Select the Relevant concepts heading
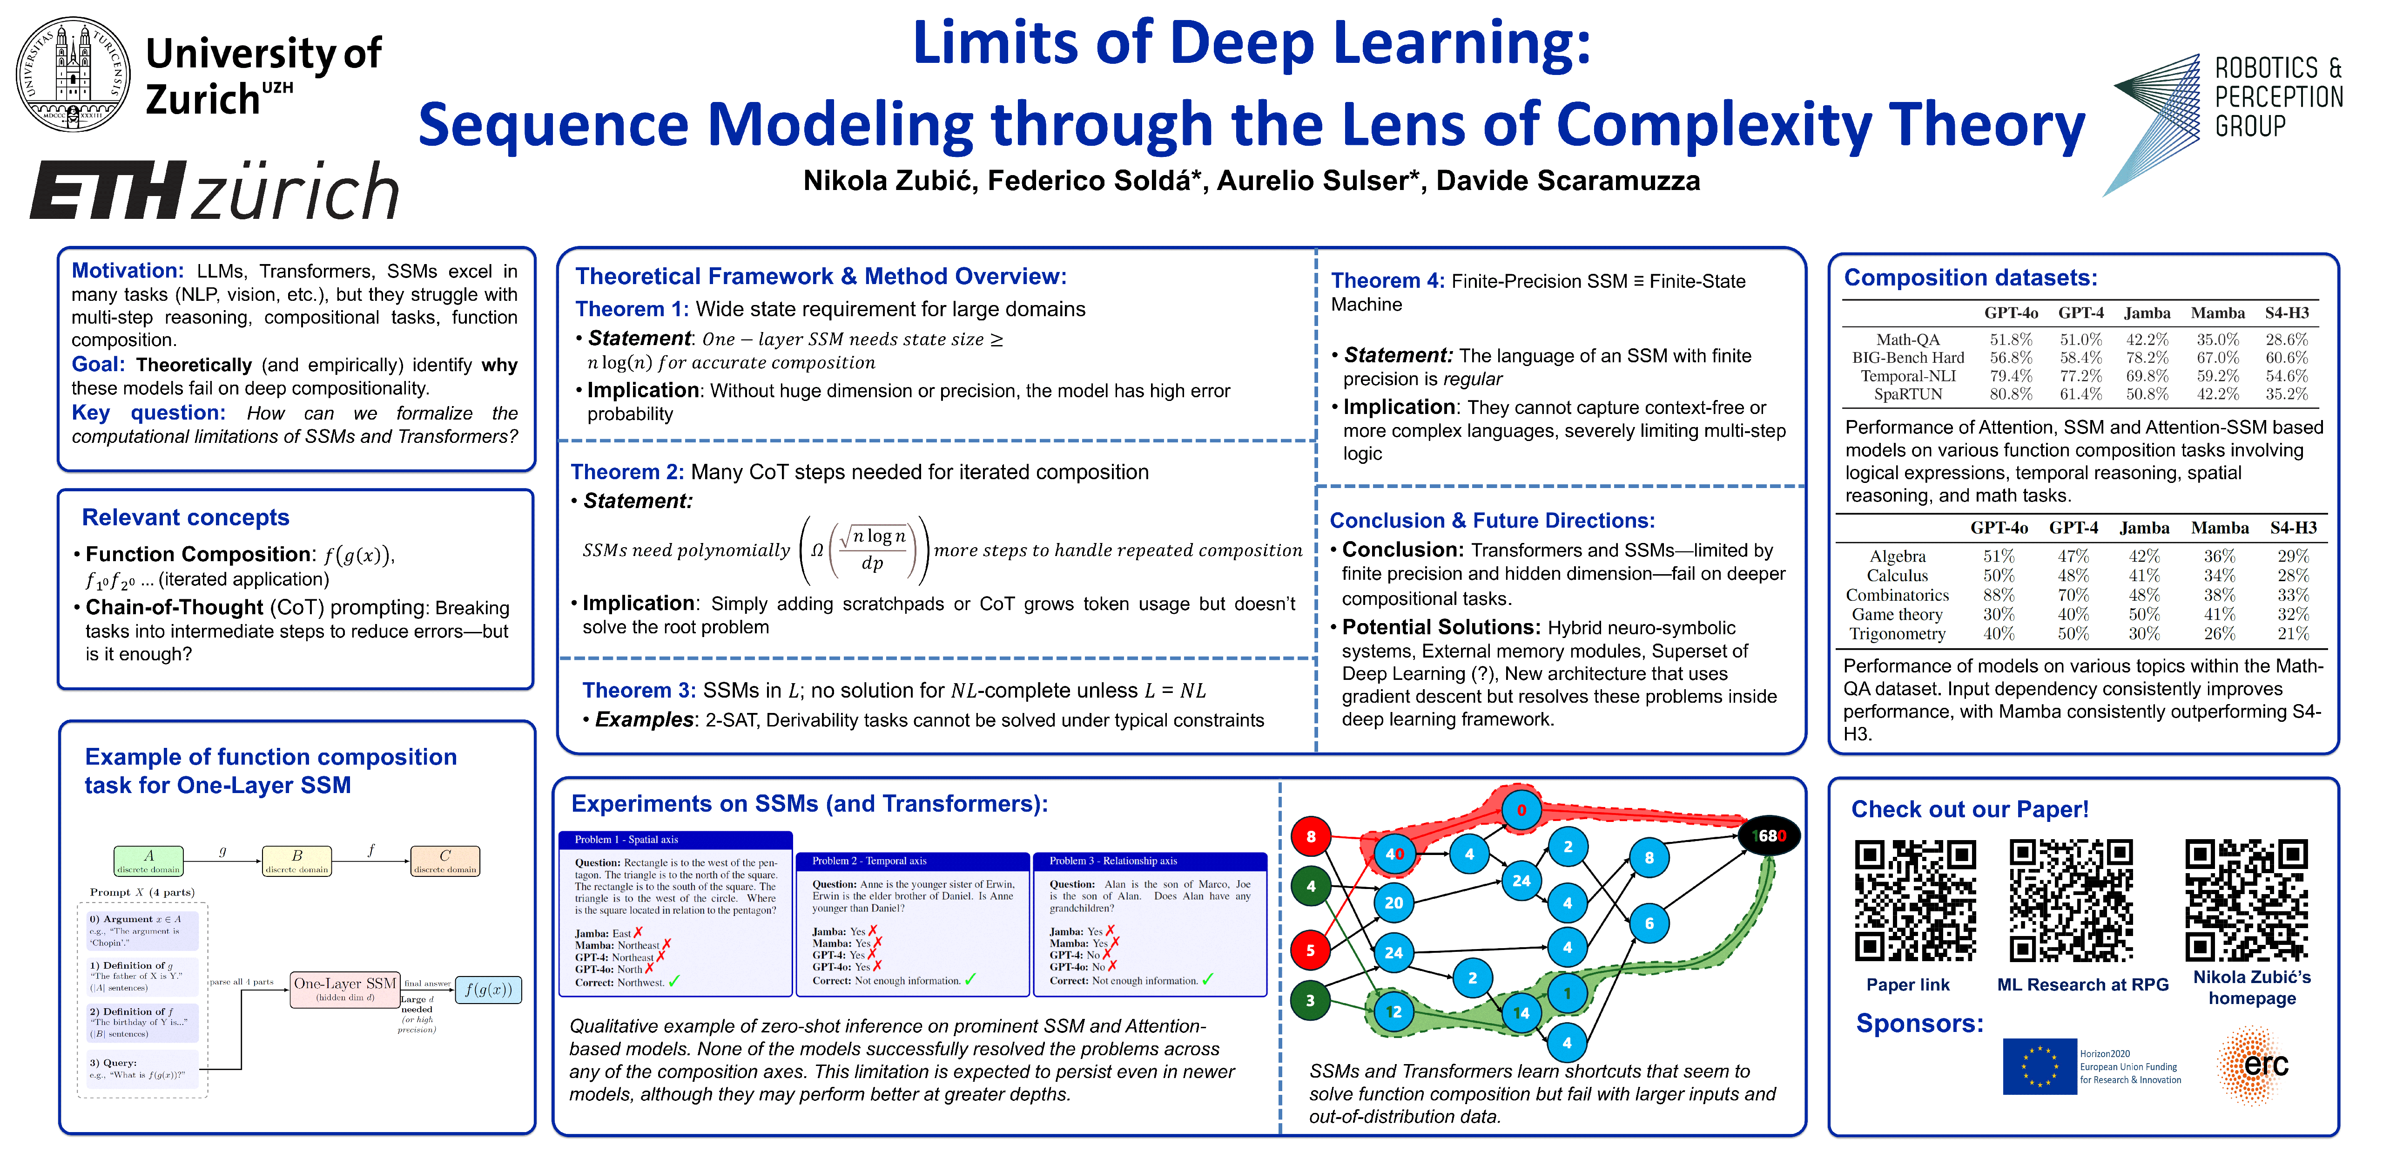point(185,517)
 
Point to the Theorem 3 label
point(638,691)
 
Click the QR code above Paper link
point(1915,901)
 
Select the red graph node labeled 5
point(1310,950)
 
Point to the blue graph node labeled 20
point(1393,902)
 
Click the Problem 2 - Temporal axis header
point(912,861)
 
